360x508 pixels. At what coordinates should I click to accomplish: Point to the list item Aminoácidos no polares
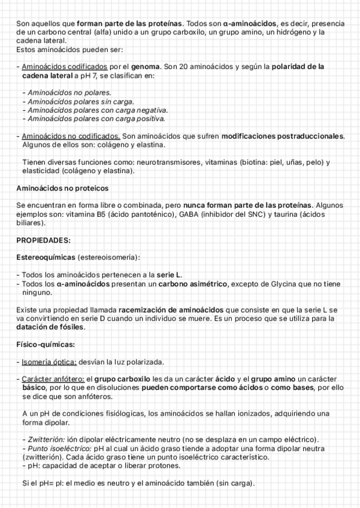click(66, 93)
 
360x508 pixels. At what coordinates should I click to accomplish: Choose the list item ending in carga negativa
click(95, 110)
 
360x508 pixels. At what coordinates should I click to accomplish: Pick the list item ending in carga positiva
click(93, 119)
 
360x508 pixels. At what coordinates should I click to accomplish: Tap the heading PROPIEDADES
click(43, 240)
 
